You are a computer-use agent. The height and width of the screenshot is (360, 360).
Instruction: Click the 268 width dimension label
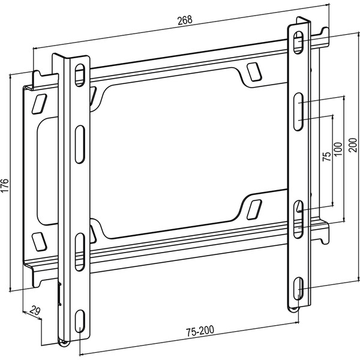click(184, 20)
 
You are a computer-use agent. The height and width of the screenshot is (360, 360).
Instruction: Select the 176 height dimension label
click(5, 185)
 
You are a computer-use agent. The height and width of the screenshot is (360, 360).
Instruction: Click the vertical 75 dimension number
click(326, 157)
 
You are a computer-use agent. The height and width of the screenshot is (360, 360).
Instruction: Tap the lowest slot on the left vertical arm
click(80, 321)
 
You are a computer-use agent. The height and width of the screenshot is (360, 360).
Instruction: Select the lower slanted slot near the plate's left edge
click(40, 240)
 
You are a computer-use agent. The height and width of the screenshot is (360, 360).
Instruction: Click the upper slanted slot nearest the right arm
click(252, 73)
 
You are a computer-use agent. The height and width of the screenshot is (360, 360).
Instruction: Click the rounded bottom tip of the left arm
click(64, 343)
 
